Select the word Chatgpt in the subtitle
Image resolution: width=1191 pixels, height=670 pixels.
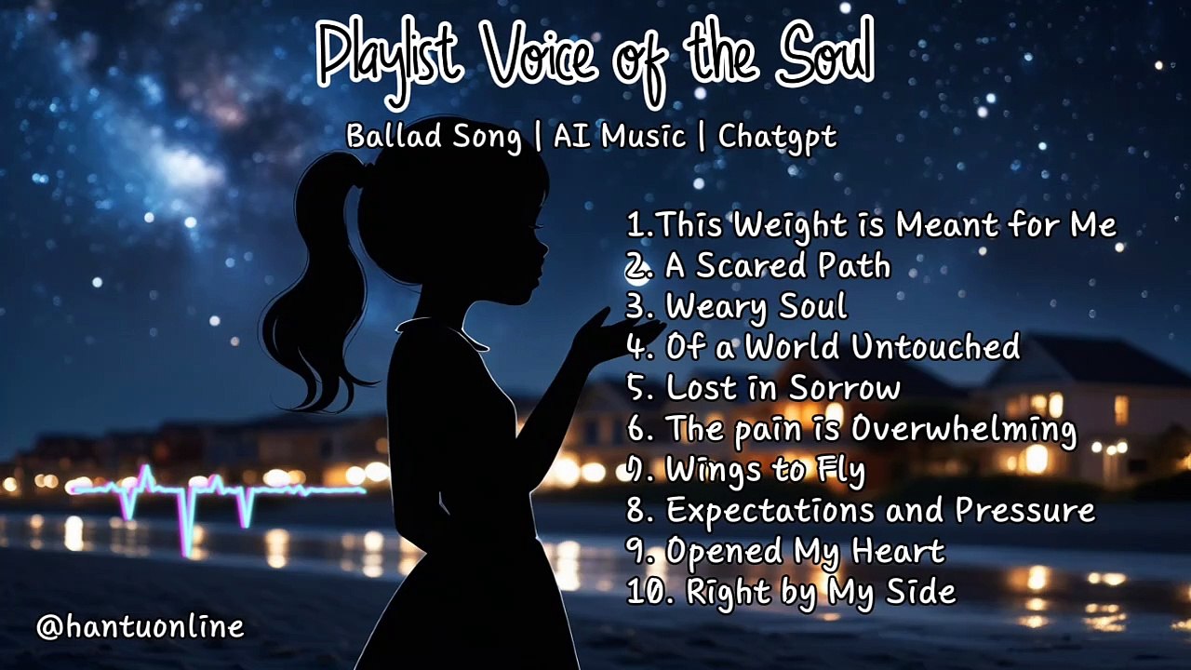777,137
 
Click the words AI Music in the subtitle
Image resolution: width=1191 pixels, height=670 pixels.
619,137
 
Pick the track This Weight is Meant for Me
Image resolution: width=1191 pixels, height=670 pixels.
871,225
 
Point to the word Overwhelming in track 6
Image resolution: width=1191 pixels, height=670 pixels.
963,429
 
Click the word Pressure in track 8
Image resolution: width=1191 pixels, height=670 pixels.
1024,510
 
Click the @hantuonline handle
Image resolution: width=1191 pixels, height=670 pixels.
140,626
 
